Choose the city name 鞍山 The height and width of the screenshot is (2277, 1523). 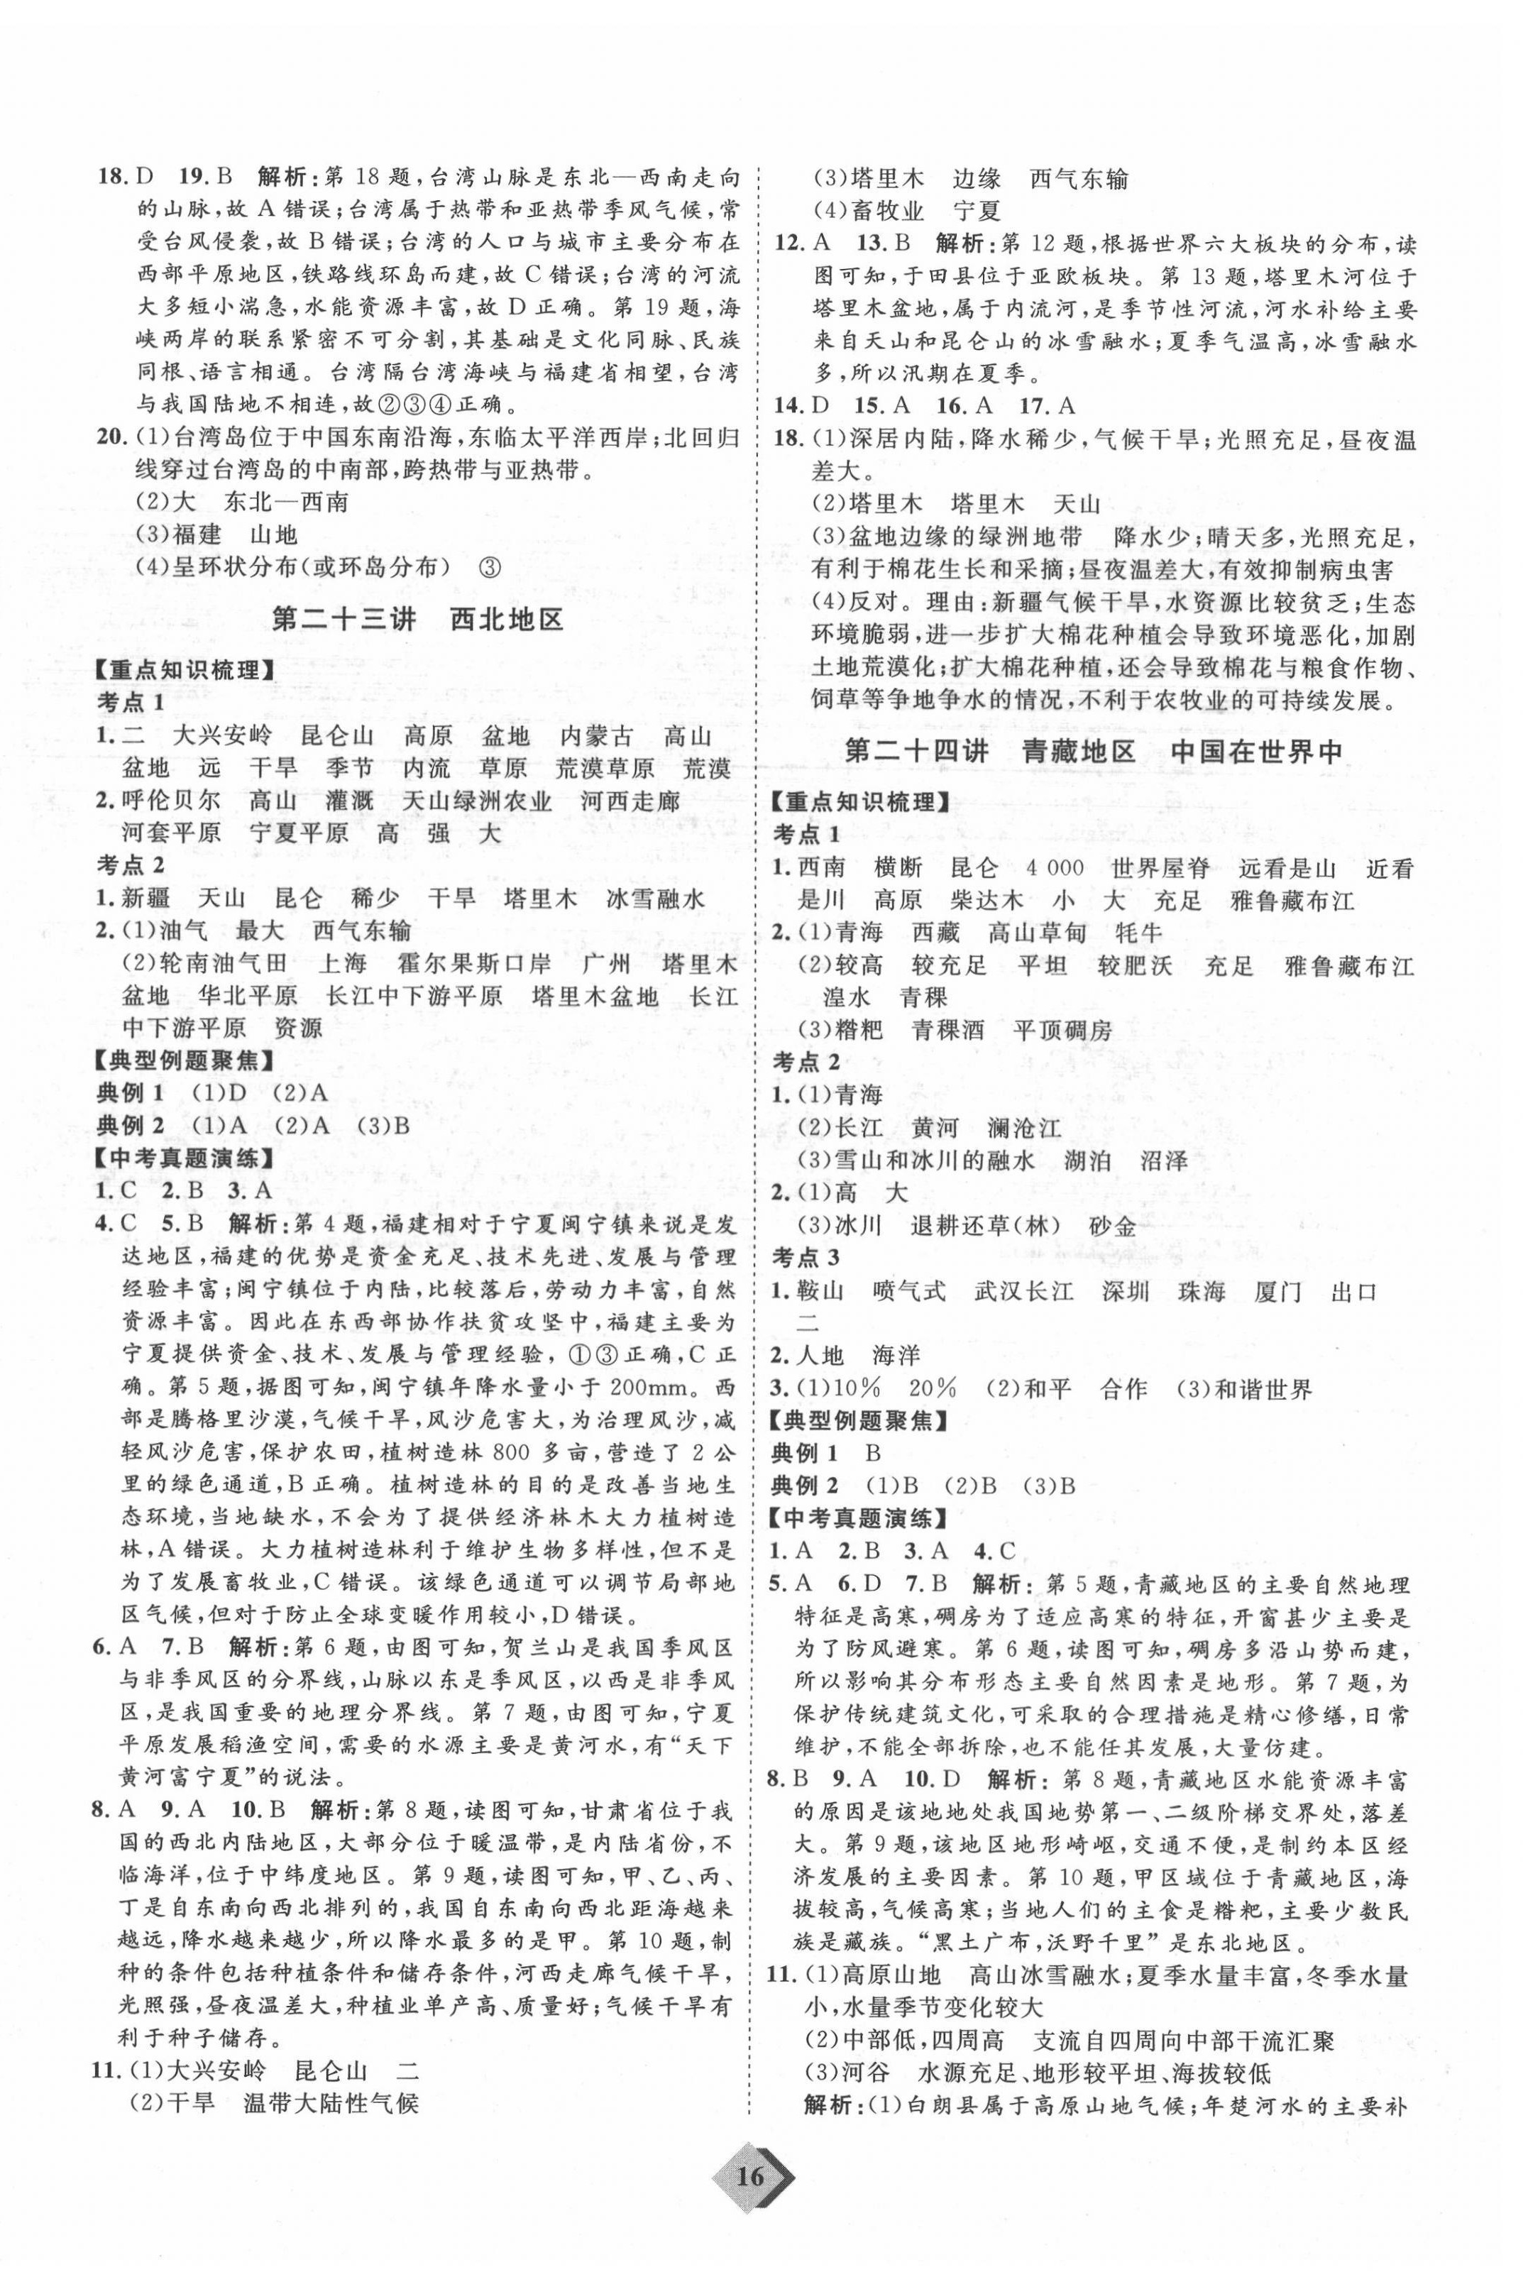(820, 1292)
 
